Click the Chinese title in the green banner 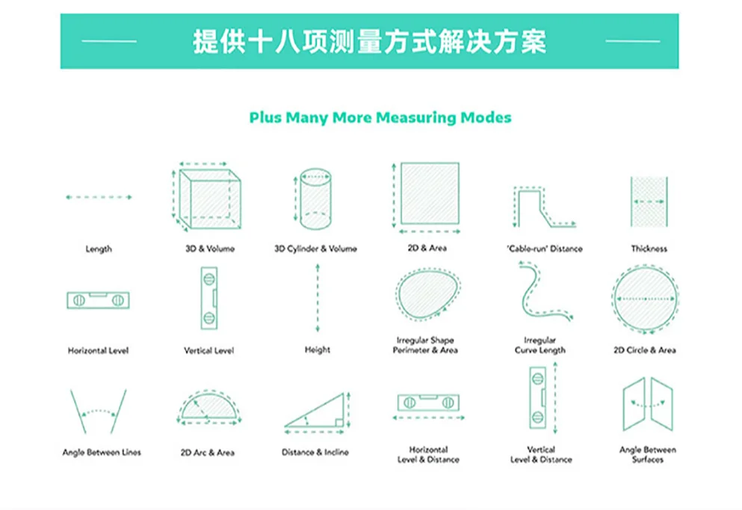tap(369, 41)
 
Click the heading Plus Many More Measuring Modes tap(380, 118)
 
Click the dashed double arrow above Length tap(99, 197)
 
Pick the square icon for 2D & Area tap(429, 193)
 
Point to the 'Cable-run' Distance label tap(544, 249)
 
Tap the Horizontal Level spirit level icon tap(98, 301)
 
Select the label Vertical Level tap(208, 350)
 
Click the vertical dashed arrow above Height tap(318, 299)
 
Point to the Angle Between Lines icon tap(98, 411)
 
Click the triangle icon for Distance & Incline tap(316, 412)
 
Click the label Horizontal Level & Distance tap(428, 455)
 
